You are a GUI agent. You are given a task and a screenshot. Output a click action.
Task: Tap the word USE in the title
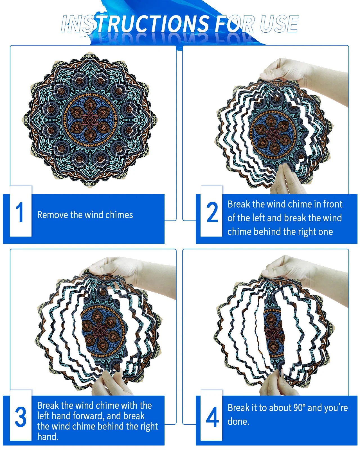280,24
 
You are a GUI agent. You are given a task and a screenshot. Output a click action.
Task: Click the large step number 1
20,212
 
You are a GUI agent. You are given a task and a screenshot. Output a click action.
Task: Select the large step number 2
212,212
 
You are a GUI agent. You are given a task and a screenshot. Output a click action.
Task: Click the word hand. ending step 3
48,436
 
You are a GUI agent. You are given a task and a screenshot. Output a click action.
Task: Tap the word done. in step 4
238,422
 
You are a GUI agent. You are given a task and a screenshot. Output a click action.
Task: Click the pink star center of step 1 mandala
90,120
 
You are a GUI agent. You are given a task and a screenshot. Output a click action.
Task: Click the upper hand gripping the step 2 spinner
303,80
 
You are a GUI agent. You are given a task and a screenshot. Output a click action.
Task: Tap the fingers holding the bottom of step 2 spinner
288,180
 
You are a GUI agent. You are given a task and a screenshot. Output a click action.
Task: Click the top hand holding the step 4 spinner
303,276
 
